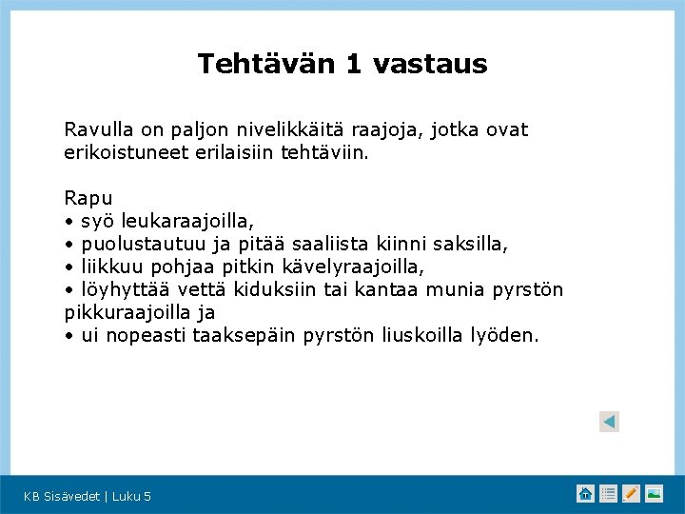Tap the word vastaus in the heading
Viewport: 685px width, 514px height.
[x=430, y=64]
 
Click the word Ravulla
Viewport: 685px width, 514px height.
[x=96, y=129]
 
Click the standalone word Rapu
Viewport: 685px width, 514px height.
[x=88, y=199]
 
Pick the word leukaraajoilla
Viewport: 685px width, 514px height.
[x=194, y=222]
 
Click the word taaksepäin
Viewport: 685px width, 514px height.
[x=246, y=336]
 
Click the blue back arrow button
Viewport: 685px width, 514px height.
[x=610, y=422]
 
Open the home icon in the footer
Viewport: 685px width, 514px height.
[x=586, y=493]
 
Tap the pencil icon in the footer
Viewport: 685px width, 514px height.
[x=631, y=493]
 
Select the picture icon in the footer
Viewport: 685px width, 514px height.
[x=654, y=493]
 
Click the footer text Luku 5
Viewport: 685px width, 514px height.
[x=131, y=496]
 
